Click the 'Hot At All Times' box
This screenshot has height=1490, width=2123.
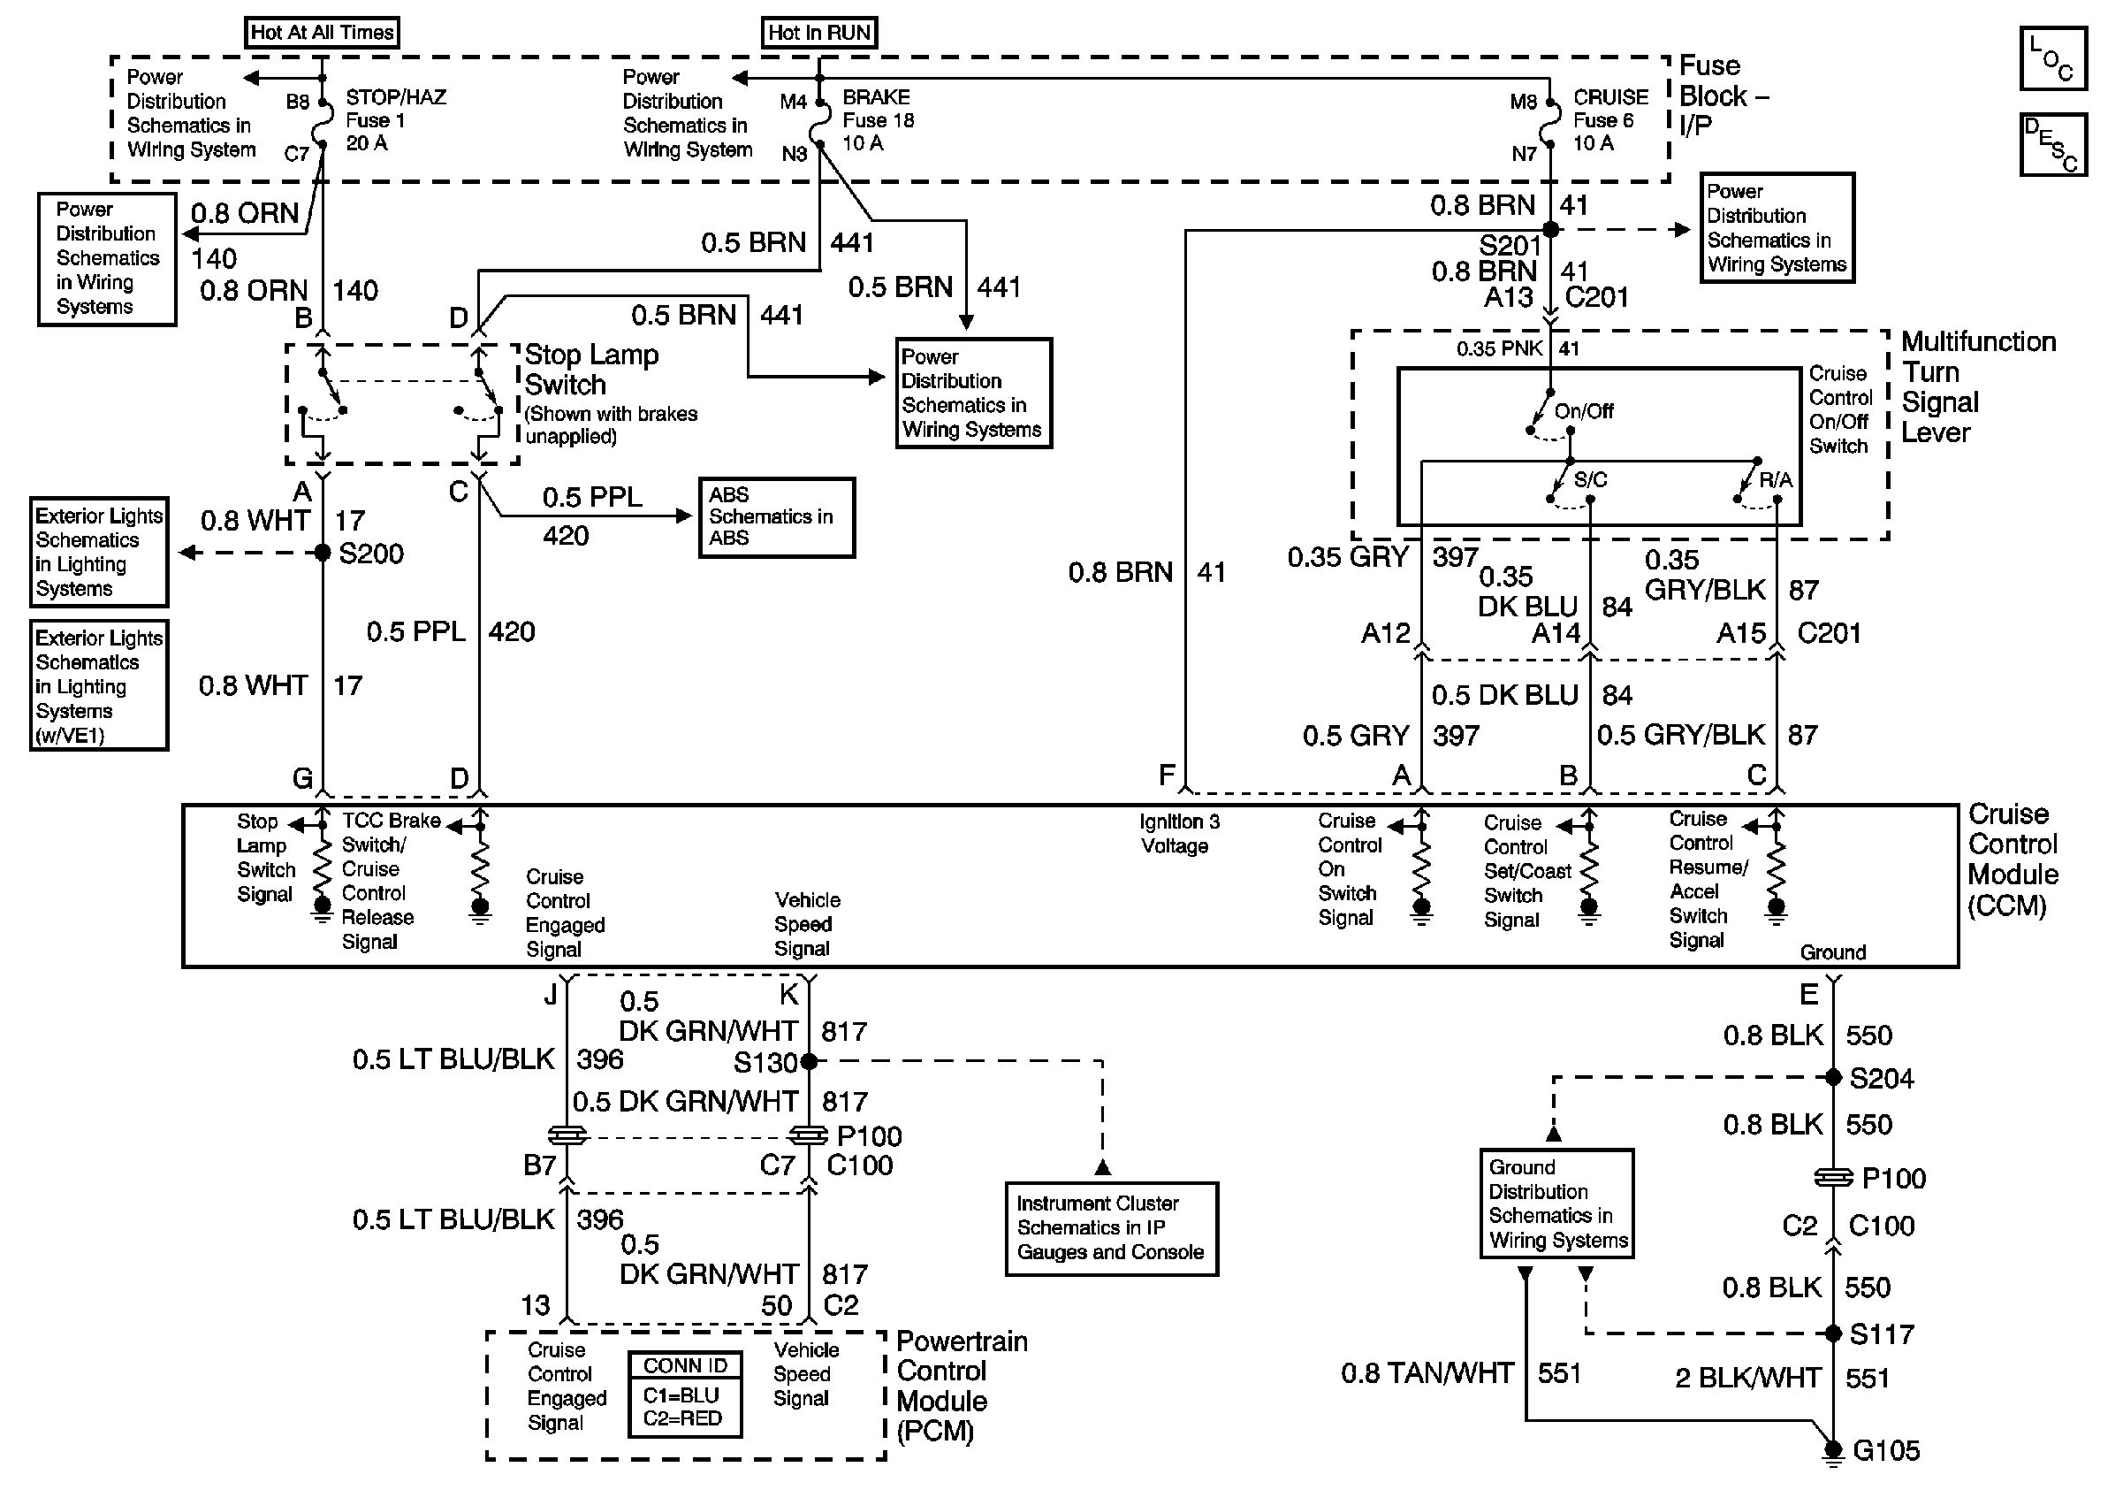point(322,33)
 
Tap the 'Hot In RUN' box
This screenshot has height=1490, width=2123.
point(819,33)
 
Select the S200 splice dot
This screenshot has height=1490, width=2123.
point(322,553)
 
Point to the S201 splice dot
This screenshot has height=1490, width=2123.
point(1550,229)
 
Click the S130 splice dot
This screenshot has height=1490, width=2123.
point(809,1061)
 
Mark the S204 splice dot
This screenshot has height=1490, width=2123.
point(1834,1078)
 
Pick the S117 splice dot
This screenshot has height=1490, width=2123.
point(1834,1333)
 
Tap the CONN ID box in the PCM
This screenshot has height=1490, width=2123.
point(685,1394)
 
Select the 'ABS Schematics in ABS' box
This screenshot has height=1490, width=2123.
point(777,517)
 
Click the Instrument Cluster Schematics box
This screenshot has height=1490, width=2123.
point(1111,1228)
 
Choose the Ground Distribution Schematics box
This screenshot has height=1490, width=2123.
point(1557,1203)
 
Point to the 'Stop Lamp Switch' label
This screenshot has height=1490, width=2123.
point(592,369)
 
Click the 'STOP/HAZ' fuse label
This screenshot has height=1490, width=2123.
point(396,97)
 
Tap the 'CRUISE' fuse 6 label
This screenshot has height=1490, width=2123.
point(1610,97)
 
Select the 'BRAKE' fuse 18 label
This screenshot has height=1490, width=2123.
point(877,97)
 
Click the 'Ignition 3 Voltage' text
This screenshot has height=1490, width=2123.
point(1179,833)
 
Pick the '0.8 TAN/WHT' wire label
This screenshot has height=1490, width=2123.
point(1427,1373)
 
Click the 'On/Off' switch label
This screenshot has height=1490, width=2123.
point(1584,410)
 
